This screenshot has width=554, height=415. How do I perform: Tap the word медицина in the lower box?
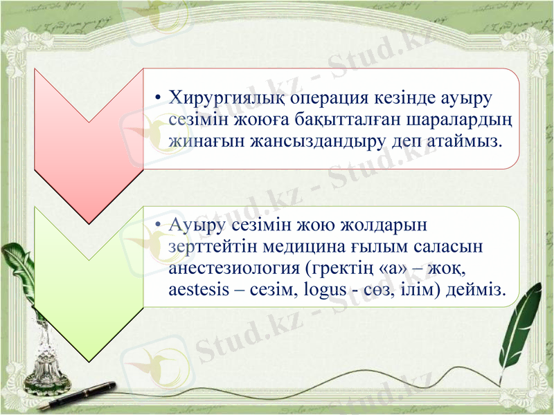(x=327, y=246)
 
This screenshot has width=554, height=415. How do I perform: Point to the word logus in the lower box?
(x=323, y=289)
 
